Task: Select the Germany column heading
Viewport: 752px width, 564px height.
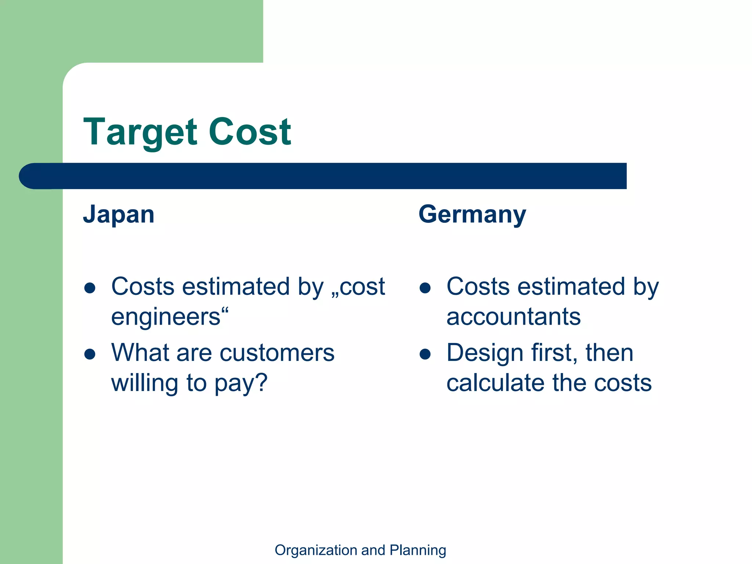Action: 472,215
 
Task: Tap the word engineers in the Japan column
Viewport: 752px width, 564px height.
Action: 166,317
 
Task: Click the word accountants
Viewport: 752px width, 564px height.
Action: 513,317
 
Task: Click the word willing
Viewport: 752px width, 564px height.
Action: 145,383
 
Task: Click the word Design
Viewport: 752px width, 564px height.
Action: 485,353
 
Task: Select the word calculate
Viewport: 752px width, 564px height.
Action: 495,383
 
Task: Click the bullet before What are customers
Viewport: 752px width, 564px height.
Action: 90,354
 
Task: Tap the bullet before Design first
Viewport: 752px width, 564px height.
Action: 425,354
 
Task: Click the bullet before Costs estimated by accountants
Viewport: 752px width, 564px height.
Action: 425,288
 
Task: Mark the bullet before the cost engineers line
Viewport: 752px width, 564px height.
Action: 90,288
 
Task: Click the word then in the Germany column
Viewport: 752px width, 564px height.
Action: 610,352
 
